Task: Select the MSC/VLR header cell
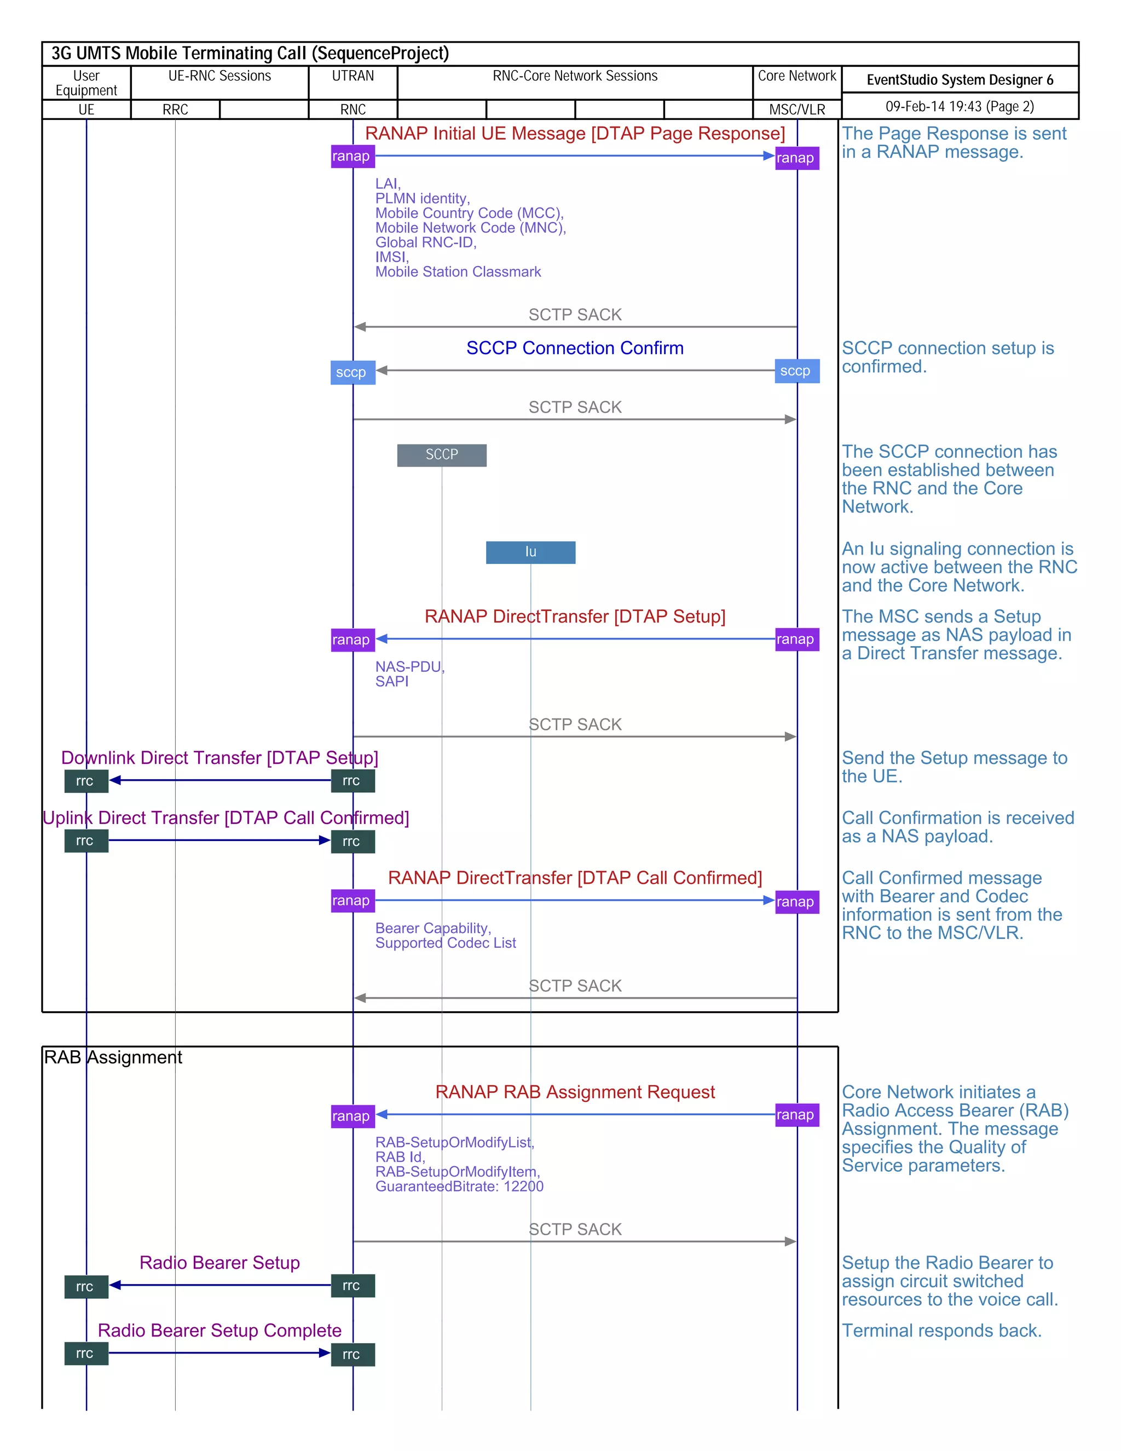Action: coord(796,110)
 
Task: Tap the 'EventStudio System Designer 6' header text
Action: coord(959,80)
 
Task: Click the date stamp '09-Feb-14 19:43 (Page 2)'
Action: coord(959,106)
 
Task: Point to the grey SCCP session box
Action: coord(442,455)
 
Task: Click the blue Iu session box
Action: coord(530,552)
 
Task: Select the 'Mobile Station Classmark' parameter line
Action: coord(458,272)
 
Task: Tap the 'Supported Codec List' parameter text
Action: coord(445,943)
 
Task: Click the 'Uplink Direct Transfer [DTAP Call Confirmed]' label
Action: coord(226,818)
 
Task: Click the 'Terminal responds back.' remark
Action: coord(941,1331)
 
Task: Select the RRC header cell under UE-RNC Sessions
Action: coord(175,110)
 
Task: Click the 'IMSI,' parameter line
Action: coord(391,257)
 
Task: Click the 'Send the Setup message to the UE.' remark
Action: coord(954,767)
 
